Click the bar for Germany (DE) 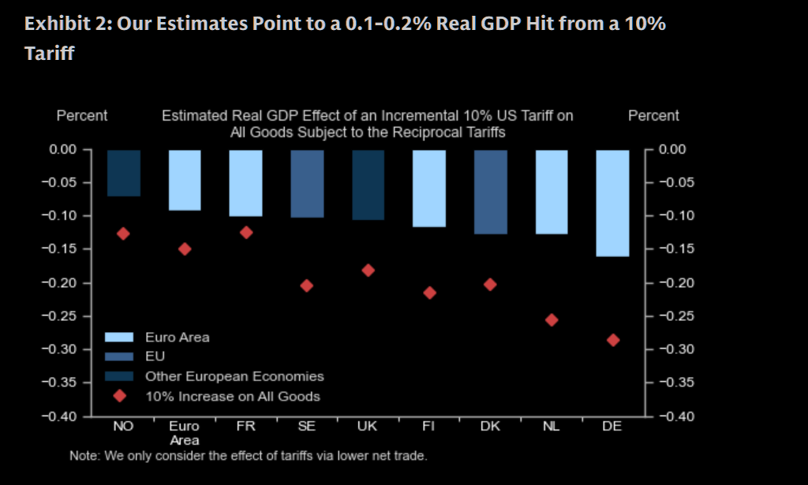[613, 203]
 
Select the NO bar [123, 173]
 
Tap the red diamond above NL [552, 320]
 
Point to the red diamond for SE [307, 285]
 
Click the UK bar [368, 185]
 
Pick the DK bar [490, 192]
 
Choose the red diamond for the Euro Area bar [185, 248]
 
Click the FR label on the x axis [245, 426]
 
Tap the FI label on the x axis [429, 426]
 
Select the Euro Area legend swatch [119, 338]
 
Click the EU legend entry [155, 356]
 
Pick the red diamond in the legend [120, 396]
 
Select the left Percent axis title [82, 116]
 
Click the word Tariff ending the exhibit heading [50, 54]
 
